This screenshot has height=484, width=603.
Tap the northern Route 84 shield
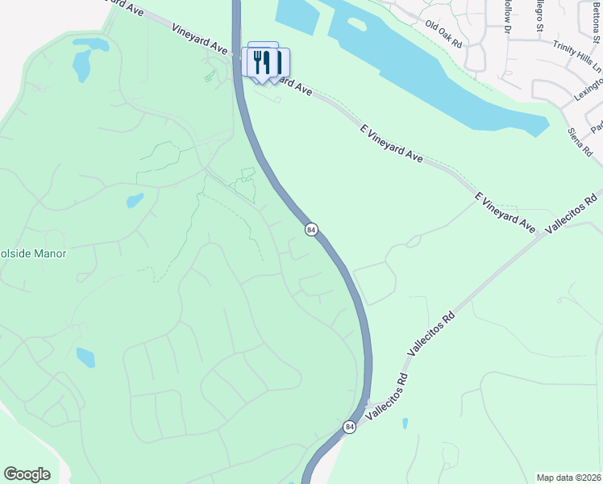[311, 230]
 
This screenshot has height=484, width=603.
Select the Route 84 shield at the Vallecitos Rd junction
[349, 427]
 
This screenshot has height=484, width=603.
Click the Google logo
[27, 474]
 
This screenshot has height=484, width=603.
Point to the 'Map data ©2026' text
[568, 478]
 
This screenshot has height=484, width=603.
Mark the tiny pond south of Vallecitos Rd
[405, 423]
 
